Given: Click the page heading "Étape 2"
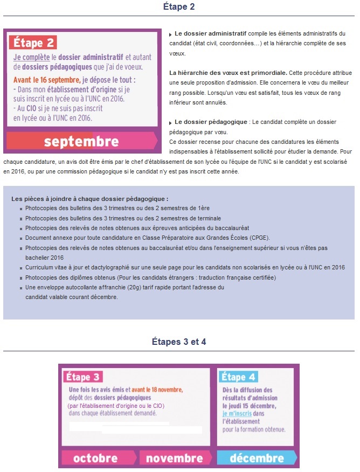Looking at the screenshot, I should click(179, 7).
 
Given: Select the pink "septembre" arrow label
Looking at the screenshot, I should click(81, 142).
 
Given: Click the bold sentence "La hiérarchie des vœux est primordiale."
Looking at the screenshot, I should click(228, 72).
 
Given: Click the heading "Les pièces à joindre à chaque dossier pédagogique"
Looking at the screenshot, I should click(89, 199).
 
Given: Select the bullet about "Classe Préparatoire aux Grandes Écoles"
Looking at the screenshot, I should click(148, 238).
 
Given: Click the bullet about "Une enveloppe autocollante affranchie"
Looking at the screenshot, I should click(124, 288).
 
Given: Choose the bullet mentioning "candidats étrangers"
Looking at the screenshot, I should click(150, 277).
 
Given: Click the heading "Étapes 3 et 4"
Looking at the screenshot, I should click(179, 342).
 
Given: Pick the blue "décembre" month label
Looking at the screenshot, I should click(257, 459).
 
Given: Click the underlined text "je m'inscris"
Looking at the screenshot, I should click(237, 414).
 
